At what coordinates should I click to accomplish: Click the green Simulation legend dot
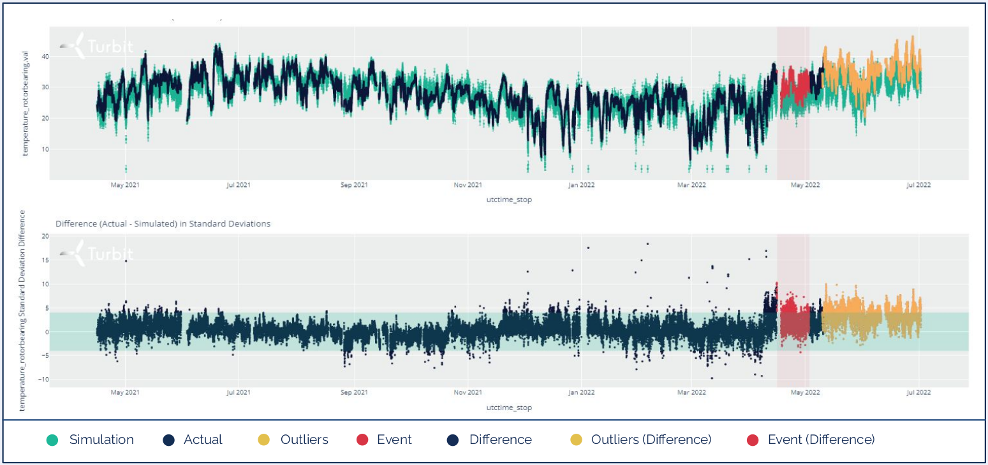tap(52, 439)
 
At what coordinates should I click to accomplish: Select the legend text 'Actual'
tap(203, 439)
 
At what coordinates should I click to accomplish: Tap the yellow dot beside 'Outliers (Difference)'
tap(575, 439)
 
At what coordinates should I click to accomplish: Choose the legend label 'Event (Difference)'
tap(821, 439)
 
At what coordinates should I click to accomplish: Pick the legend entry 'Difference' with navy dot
tap(500, 439)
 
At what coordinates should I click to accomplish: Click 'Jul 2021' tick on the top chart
tap(238, 186)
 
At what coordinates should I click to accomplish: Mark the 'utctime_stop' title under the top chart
tap(508, 200)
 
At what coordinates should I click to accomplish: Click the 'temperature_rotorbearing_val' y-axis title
tap(26, 105)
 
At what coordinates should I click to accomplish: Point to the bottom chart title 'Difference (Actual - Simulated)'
tap(163, 224)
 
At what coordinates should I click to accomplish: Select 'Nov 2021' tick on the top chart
tap(468, 186)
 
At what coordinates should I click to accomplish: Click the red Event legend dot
tap(362, 439)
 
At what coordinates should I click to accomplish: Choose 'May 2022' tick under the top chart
tap(805, 186)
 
